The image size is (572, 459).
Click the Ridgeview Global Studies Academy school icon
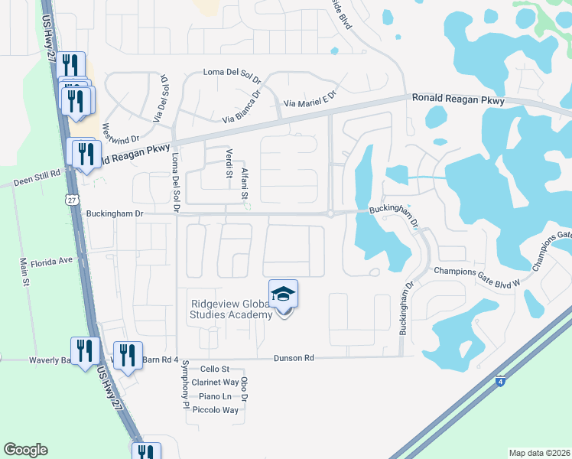283,295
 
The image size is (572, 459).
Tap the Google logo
25,450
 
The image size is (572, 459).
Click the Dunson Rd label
294,358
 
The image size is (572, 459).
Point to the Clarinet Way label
216,382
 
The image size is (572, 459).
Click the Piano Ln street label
215,396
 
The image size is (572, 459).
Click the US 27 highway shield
71,199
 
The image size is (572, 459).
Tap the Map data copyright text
540,453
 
